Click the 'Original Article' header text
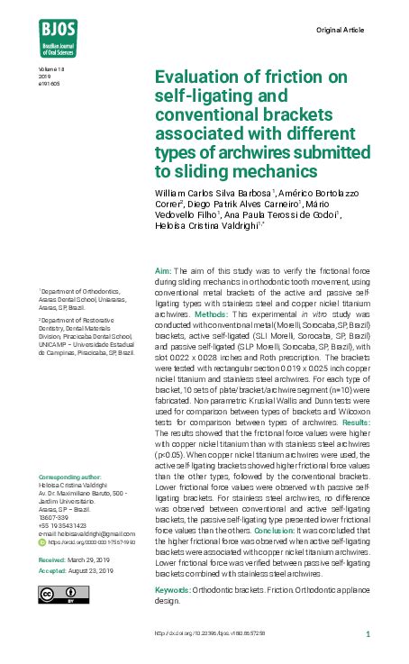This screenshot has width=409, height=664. point(341,30)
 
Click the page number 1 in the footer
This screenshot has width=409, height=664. point(368,634)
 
